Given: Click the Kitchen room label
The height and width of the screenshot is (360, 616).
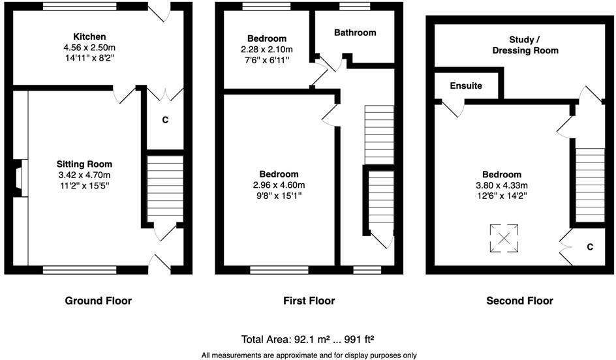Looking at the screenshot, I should click(x=89, y=37).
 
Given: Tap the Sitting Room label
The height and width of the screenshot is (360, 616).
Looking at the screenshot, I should click(x=84, y=164).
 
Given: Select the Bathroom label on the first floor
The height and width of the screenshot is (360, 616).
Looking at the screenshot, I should click(x=355, y=33).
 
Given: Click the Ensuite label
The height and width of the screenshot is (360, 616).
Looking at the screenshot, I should click(x=467, y=85).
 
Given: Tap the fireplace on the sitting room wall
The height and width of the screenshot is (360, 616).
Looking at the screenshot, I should click(x=18, y=177).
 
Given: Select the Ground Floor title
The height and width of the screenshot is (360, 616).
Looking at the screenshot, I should click(x=98, y=301).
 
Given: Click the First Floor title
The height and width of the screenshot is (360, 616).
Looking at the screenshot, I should click(x=309, y=301).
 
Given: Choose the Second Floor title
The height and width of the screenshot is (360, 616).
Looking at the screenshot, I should click(x=519, y=301).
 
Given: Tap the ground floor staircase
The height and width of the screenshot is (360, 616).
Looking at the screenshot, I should click(x=162, y=189).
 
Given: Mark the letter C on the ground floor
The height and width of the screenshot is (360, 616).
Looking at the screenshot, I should click(x=165, y=120).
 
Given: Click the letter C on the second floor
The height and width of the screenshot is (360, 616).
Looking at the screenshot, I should click(x=589, y=247).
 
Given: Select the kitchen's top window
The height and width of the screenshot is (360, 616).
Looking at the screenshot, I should click(x=80, y=6).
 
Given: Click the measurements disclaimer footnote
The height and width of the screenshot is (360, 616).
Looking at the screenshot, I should click(x=308, y=355).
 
